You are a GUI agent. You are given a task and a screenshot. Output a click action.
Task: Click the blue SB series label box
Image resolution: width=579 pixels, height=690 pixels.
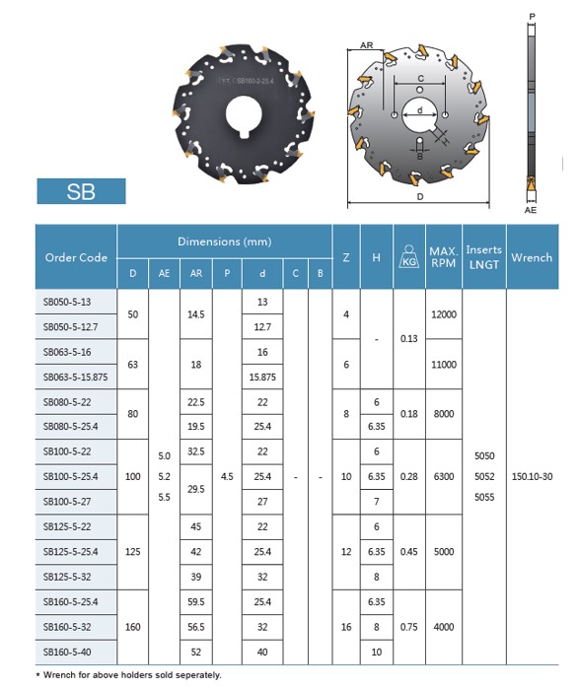coord(81,191)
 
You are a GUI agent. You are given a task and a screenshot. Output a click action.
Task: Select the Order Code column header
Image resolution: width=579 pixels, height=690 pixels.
coord(76,257)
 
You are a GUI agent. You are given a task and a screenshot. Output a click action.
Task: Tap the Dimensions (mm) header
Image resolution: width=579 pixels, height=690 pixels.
coord(225,241)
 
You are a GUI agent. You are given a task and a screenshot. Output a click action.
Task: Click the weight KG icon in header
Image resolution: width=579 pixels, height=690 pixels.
coord(409,256)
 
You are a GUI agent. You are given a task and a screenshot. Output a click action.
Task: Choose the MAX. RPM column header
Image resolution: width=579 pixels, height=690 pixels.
coord(444,257)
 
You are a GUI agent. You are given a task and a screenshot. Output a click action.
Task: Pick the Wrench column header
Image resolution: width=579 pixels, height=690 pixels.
coord(532,257)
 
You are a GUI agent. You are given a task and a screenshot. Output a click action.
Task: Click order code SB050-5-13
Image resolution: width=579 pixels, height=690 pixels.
coord(67,302)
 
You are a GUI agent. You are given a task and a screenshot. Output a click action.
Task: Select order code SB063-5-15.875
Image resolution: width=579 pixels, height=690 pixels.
coord(75,378)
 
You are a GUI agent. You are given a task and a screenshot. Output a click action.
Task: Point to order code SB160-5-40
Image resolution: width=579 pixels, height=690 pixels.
coord(67,653)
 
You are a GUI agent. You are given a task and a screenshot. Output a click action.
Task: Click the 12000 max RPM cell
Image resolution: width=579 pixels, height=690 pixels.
coord(444,314)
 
